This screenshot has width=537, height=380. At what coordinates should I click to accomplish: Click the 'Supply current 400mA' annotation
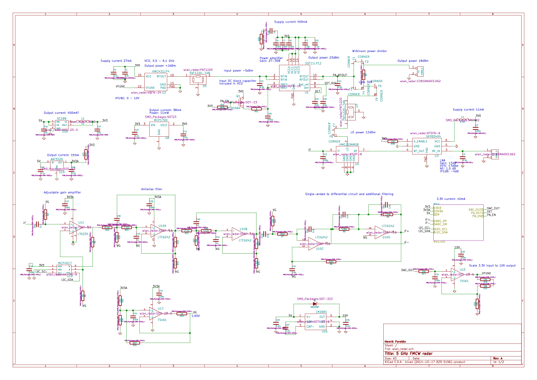(291, 22)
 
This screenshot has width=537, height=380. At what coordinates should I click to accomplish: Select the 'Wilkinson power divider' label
(369, 51)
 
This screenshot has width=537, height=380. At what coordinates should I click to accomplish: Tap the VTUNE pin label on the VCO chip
(150, 88)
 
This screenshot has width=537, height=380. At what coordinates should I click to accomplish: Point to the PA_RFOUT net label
(340, 75)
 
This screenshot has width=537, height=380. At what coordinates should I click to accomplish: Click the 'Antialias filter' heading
(151, 189)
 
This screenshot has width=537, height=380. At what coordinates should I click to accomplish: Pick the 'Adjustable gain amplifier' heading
(63, 192)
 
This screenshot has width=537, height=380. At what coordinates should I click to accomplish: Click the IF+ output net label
(406, 232)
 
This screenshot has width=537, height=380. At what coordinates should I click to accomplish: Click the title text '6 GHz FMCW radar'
(408, 353)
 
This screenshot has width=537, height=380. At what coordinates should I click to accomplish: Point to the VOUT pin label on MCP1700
(164, 125)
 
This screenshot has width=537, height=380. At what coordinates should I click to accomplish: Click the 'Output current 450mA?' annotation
(61, 113)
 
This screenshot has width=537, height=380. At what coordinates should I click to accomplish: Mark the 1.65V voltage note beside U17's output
(195, 316)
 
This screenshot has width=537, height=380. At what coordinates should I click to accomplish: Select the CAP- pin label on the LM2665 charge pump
(310, 326)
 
